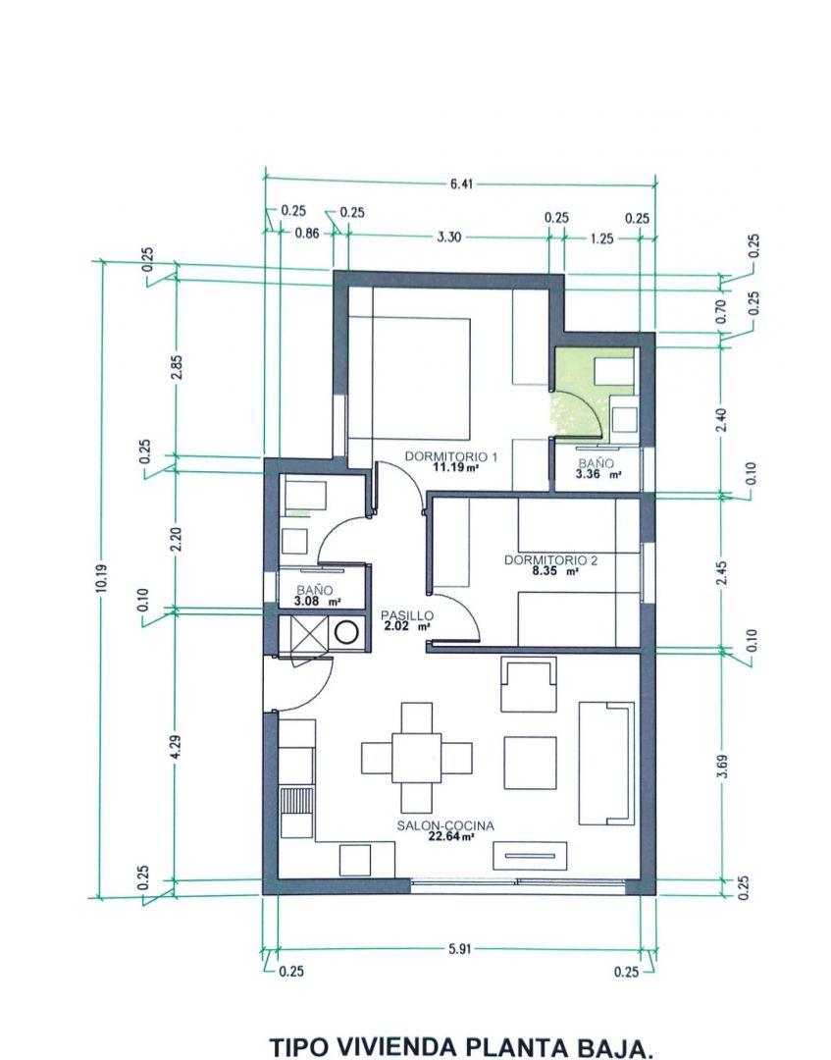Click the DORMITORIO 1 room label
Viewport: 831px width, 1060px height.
452,456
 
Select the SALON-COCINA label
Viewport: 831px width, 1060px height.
445,826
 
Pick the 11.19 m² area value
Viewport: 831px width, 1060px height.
456,468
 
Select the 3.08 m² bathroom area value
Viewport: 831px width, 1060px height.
314,602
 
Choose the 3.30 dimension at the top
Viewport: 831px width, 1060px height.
448,237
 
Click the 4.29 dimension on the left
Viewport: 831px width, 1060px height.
175,747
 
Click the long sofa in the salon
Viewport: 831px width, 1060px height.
604,763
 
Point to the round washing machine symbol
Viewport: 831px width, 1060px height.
346,633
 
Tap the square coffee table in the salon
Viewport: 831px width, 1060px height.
530,758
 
